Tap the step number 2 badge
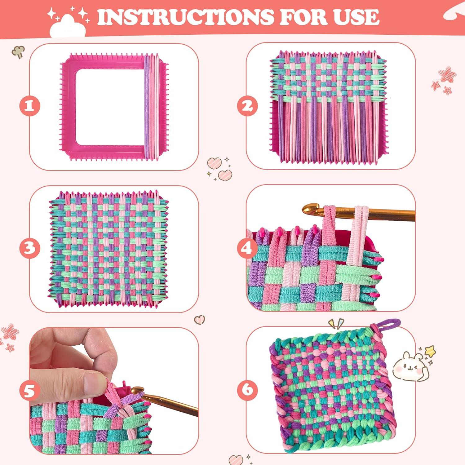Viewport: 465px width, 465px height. pos(247,106)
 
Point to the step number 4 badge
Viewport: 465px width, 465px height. pos(247,248)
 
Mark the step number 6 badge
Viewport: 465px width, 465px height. pos(247,389)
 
